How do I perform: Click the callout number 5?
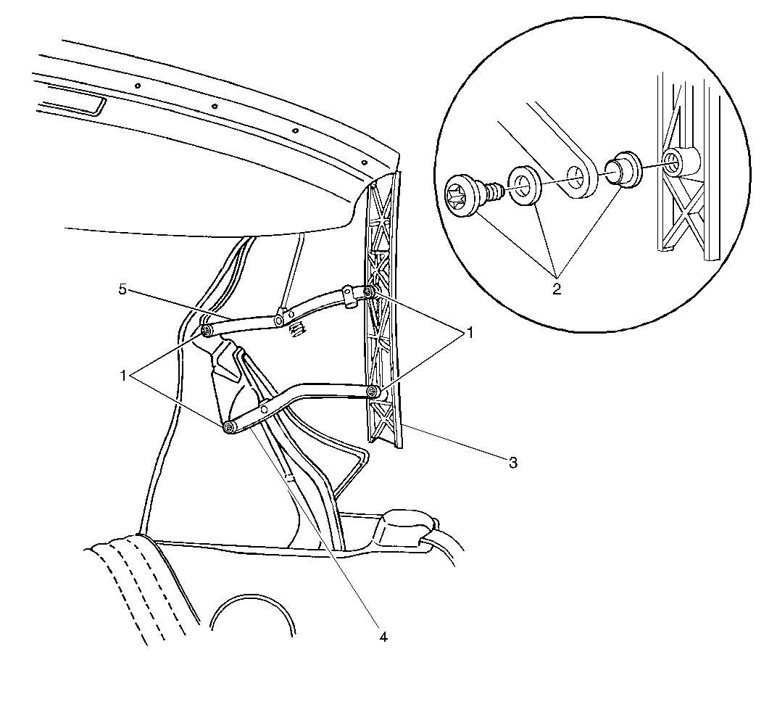(x=122, y=289)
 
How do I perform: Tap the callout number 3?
(x=513, y=463)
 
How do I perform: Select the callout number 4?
(x=383, y=637)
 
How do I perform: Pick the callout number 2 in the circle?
(x=557, y=289)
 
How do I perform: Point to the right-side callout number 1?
(x=469, y=333)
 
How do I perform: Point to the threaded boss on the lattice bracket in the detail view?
(x=681, y=160)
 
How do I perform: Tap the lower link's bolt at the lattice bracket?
(x=372, y=392)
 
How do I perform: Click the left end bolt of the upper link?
(x=206, y=331)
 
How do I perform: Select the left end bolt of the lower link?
(x=228, y=427)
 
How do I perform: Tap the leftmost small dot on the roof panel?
(x=138, y=86)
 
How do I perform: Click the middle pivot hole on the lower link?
(x=265, y=408)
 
